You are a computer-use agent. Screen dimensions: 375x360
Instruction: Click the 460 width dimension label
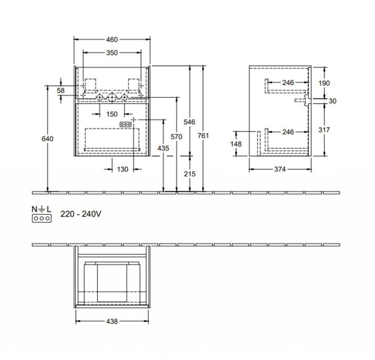(x=112, y=40)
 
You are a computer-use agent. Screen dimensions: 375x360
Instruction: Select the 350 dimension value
(x=112, y=53)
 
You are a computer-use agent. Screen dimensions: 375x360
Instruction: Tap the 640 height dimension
(x=48, y=139)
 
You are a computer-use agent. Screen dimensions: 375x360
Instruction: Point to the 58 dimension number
(x=61, y=90)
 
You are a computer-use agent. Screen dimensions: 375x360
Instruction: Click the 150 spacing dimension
(x=112, y=114)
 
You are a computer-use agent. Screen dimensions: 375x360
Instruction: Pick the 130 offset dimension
(x=123, y=169)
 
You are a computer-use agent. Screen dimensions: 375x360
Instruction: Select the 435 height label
(x=163, y=148)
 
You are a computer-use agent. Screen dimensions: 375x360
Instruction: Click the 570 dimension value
(x=177, y=137)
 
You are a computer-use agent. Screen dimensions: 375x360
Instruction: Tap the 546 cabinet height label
(x=189, y=122)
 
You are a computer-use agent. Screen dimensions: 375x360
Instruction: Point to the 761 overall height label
(x=203, y=136)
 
